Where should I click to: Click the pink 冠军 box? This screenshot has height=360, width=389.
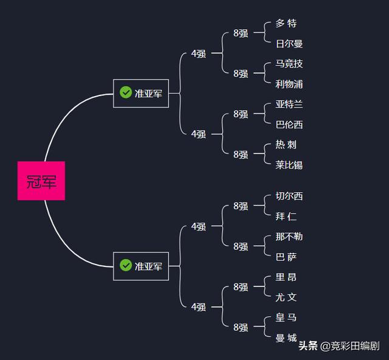(41, 181)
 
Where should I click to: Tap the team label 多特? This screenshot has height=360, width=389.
(286, 23)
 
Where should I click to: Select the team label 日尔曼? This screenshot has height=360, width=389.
(289, 44)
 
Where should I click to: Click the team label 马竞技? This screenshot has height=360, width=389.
(289, 64)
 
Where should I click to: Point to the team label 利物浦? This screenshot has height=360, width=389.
(289, 84)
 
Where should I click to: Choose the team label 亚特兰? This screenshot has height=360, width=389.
(289, 104)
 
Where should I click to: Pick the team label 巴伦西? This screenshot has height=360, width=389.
(289, 125)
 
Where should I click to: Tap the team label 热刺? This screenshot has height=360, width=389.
(286, 145)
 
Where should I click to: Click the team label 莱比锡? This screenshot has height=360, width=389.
(289, 165)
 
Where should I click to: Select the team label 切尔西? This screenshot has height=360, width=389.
(289, 196)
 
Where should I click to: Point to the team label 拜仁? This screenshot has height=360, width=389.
(286, 216)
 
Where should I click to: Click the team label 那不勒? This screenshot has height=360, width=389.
(289, 237)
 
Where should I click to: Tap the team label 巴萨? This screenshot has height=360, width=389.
(286, 257)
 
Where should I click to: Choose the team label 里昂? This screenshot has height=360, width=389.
(286, 277)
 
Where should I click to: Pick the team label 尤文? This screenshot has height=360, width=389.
(286, 297)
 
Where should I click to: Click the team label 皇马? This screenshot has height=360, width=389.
(286, 317)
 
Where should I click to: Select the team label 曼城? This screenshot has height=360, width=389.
(286, 337)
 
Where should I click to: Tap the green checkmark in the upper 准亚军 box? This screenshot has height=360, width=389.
(126, 92)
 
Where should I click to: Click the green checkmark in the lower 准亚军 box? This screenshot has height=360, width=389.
(126, 265)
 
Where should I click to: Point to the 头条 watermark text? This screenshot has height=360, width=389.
(308, 347)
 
